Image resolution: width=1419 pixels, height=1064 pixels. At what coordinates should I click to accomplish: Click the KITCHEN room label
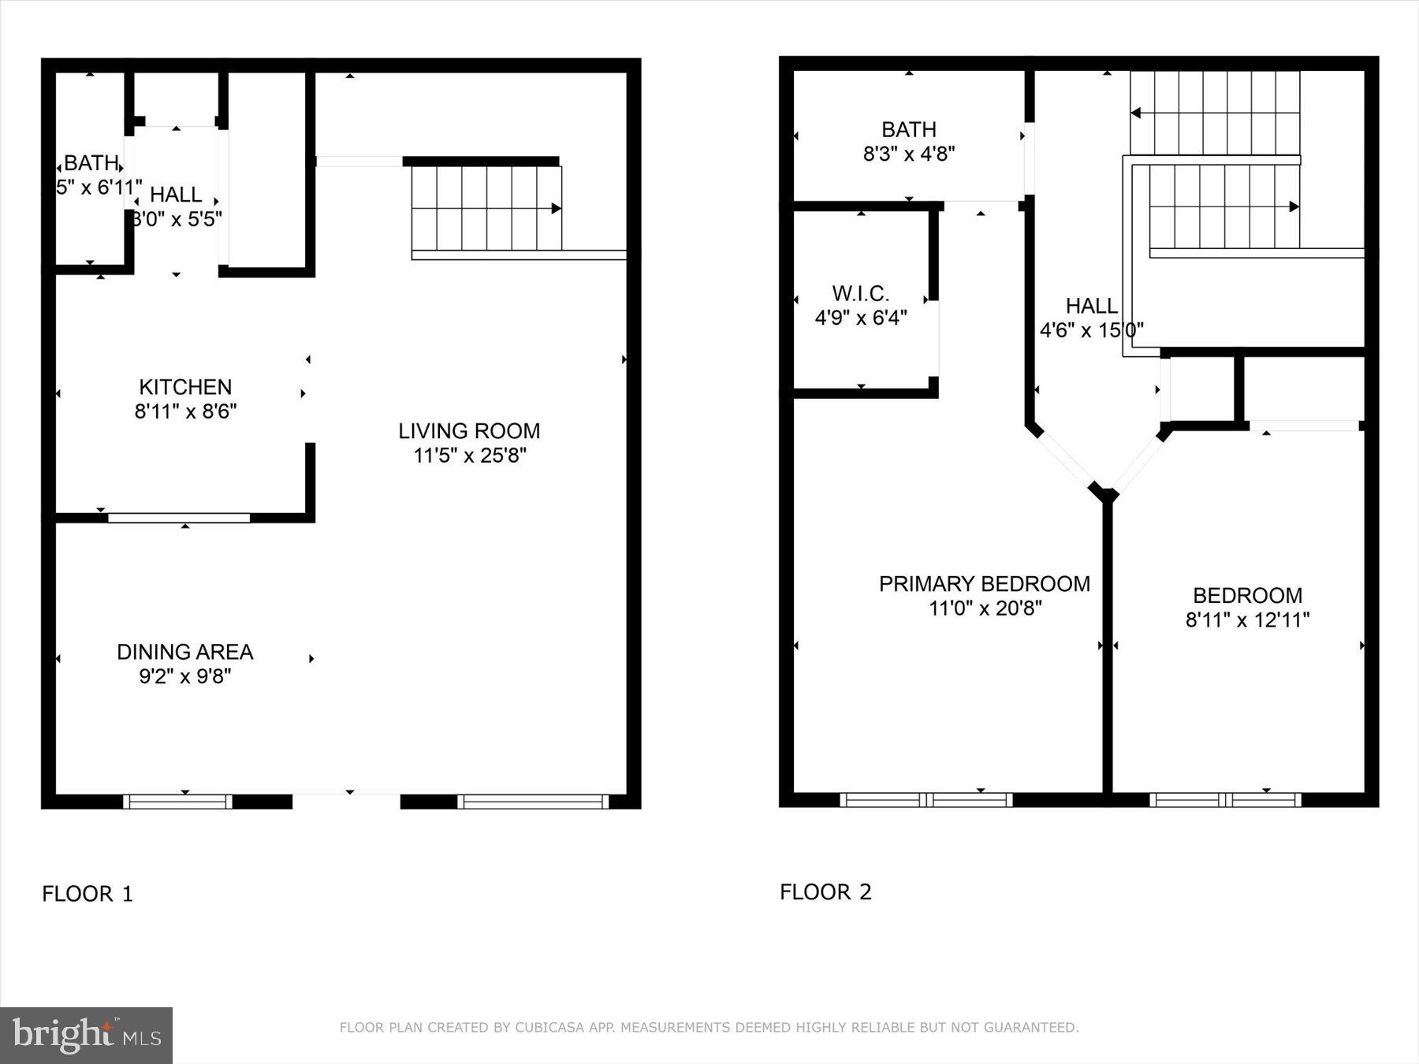tap(185, 387)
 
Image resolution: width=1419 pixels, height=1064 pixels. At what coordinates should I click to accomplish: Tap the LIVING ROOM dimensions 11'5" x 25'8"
tap(469, 456)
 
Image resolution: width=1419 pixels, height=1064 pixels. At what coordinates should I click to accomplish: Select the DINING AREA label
tap(185, 652)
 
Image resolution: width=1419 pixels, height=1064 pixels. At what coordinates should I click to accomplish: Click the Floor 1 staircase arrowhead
tap(557, 208)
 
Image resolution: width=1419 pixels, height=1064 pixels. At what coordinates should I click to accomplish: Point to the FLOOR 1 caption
tap(88, 894)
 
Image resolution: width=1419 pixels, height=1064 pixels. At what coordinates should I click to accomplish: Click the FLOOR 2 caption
tap(825, 891)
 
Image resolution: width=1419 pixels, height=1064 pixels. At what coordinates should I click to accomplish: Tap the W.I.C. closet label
tap(861, 294)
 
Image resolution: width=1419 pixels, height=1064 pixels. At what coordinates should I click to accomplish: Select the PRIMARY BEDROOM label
tap(985, 584)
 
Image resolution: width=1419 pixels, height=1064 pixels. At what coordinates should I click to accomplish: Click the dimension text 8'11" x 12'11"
tap(1247, 619)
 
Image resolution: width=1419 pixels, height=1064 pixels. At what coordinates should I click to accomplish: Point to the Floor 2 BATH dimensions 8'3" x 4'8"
tap(909, 154)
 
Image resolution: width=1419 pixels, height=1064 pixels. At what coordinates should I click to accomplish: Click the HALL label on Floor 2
tap(1091, 306)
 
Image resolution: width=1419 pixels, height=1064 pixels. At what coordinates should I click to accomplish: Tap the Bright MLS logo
tap(87, 1035)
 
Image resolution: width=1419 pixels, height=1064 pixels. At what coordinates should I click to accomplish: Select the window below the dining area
tap(177, 802)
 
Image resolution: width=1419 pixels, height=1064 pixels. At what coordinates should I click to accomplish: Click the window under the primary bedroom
tap(926, 800)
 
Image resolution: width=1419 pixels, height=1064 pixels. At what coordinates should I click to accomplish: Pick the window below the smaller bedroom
tap(1226, 800)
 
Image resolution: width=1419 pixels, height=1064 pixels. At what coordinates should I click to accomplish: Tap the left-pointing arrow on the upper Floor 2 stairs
tap(1135, 113)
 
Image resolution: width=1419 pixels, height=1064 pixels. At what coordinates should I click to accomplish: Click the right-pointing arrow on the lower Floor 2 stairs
tap(1294, 206)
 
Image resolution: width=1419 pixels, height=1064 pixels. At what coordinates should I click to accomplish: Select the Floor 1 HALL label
tap(176, 195)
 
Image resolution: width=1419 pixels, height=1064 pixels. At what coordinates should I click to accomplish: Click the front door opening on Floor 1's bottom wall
tap(347, 801)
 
